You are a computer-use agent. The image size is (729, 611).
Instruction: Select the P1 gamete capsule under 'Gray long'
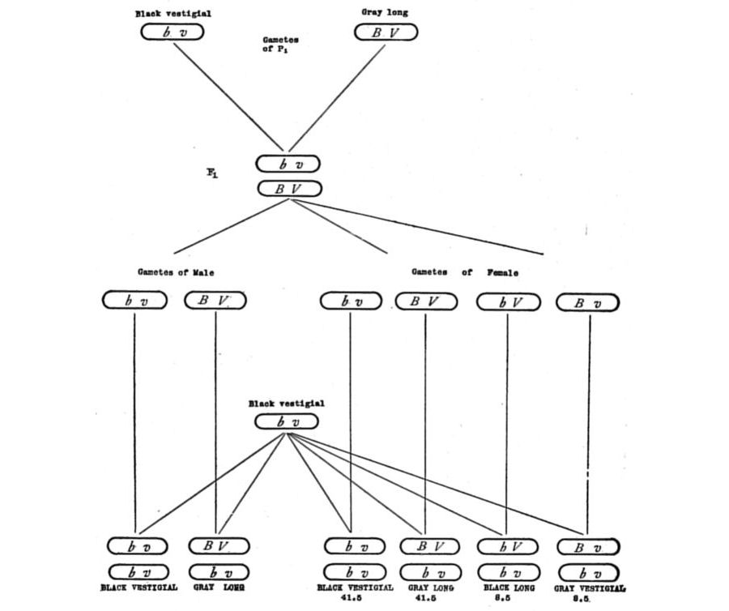point(386,32)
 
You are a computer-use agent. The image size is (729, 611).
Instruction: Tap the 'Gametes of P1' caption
point(280,44)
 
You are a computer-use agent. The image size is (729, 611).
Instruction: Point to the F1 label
point(211,173)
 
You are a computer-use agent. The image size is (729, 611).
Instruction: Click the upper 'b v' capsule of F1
point(289,164)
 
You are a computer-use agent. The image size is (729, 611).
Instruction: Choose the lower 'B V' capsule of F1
point(289,189)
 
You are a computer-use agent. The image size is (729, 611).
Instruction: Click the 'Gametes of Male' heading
point(176,273)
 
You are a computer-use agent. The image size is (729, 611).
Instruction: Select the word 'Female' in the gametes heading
point(503,273)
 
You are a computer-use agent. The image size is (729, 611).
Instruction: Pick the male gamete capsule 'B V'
point(215,301)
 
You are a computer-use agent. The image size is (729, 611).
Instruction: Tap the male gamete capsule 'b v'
point(134,301)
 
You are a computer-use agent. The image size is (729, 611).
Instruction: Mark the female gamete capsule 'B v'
point(588,303)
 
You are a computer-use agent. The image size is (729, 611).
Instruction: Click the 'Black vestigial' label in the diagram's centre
point(286,404)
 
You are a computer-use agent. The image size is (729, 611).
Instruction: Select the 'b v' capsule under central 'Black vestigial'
point(286,421)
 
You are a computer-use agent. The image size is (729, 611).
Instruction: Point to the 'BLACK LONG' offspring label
point(507,587)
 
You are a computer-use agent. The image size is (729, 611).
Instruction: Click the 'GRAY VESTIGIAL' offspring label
point(590,588)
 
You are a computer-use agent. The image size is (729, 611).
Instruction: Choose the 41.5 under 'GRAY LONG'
point(427,598)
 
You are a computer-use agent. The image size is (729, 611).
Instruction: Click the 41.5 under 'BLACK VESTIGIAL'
point(354,598)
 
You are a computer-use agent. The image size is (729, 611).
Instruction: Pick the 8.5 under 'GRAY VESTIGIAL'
point(590,600)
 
